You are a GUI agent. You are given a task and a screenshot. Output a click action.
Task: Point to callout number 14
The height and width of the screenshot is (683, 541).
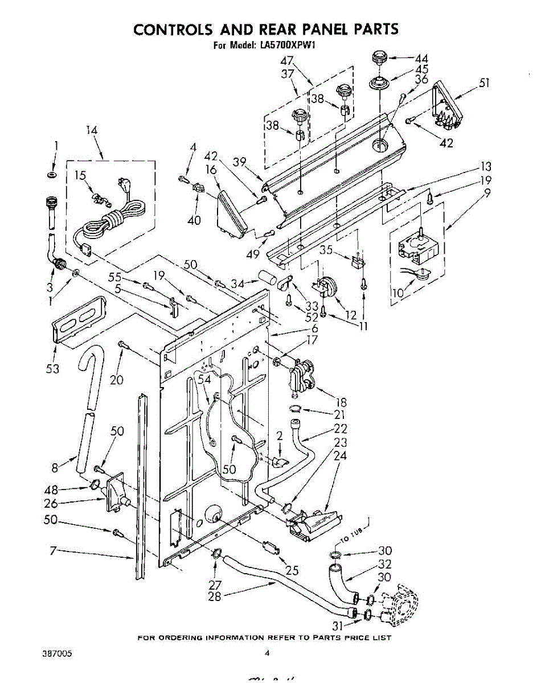pos(92,130)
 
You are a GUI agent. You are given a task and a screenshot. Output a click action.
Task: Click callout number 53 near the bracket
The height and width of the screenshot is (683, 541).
pos(53,369)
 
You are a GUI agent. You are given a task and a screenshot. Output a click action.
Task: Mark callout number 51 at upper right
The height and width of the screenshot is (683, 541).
pos(484,83)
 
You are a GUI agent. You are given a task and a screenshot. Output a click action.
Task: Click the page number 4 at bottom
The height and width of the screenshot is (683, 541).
pos(267,654)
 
